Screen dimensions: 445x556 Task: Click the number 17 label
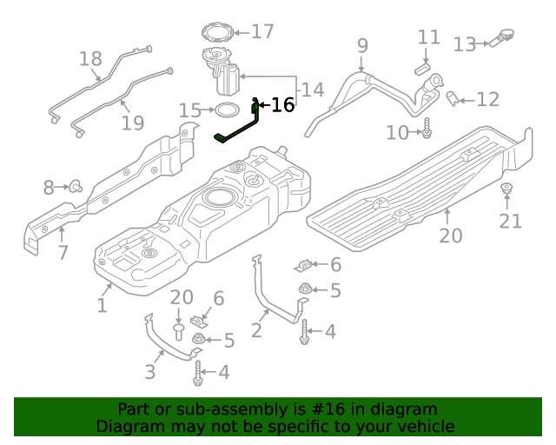[x=261, y=32]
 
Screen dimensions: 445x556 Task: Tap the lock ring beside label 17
[x=216, y=33]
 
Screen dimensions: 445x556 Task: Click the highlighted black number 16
[x=282, y=105]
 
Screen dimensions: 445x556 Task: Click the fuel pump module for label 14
[x=224, y=73]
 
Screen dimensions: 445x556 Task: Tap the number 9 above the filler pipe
[x=362, y=45]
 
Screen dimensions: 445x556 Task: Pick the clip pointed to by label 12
[x=453, y=99]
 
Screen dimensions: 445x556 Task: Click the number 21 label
[x=510, y=221]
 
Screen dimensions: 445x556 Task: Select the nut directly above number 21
[x=506, y=189]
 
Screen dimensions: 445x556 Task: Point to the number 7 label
[x=63, y=253]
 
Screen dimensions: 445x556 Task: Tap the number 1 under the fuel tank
[x=102, y=305]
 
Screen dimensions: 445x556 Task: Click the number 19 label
[x=132, y=123]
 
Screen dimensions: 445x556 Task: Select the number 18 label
[x=90, y=58]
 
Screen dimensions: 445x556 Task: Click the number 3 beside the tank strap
[x=149, y=372]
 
